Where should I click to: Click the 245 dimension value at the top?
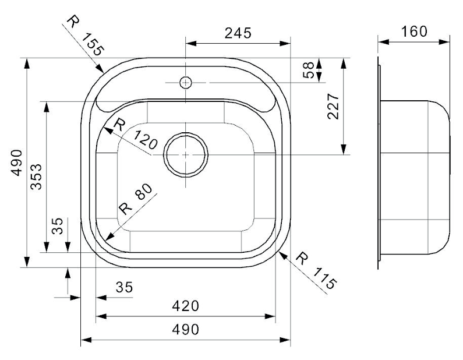tap(238, 33)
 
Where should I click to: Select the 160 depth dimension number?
tap(414, 31)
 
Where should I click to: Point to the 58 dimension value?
tap(309, 70)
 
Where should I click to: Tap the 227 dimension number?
tap(333, 107)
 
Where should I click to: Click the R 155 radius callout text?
tap(86, 36)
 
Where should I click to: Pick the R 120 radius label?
tap(136, 134)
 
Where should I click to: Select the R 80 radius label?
tap(136, 199)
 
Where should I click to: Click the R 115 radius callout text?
tap(316, 270)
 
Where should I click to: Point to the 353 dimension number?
tap(37, 177)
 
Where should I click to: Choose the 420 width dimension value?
tap(185, 306)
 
